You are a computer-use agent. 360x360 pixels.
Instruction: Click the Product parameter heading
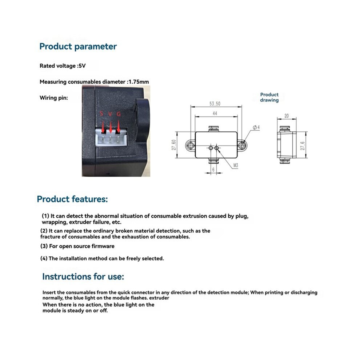78,47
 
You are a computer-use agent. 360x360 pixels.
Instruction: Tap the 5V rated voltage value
82,66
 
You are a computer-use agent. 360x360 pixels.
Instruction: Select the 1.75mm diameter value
139,82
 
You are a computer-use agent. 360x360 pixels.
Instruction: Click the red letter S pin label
101,113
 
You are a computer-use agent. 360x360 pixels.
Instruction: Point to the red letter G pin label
119,114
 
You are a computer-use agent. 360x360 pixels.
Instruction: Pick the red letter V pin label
110,114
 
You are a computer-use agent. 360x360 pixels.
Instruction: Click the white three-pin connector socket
111,138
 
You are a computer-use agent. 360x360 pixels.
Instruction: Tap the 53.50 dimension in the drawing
215,104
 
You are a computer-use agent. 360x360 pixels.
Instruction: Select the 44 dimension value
215,113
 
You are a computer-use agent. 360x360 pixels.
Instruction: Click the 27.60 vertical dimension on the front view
174,145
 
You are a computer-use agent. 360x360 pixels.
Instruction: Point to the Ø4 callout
256,127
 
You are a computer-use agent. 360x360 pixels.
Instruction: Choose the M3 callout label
236,165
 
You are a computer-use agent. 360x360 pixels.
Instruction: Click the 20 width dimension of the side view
287,116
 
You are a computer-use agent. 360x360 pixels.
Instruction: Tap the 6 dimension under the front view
213,170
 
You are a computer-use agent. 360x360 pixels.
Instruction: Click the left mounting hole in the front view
190,145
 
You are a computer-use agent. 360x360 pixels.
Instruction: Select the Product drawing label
269,97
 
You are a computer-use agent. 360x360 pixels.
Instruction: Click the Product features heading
72,199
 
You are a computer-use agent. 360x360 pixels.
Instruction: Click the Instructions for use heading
83,277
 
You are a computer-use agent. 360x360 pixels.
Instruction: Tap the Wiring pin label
54,98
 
